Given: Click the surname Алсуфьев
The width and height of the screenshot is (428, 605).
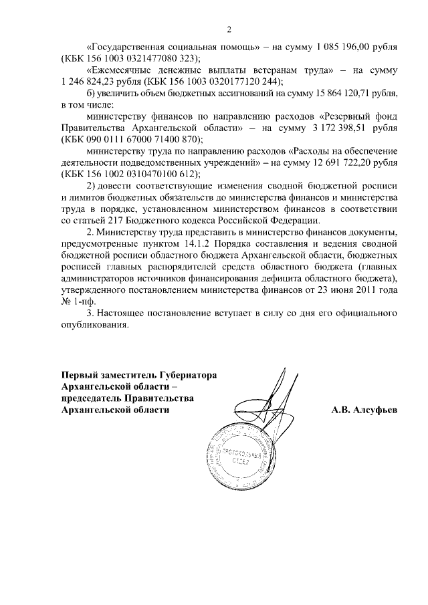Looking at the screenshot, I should click(x=364, y=410).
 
